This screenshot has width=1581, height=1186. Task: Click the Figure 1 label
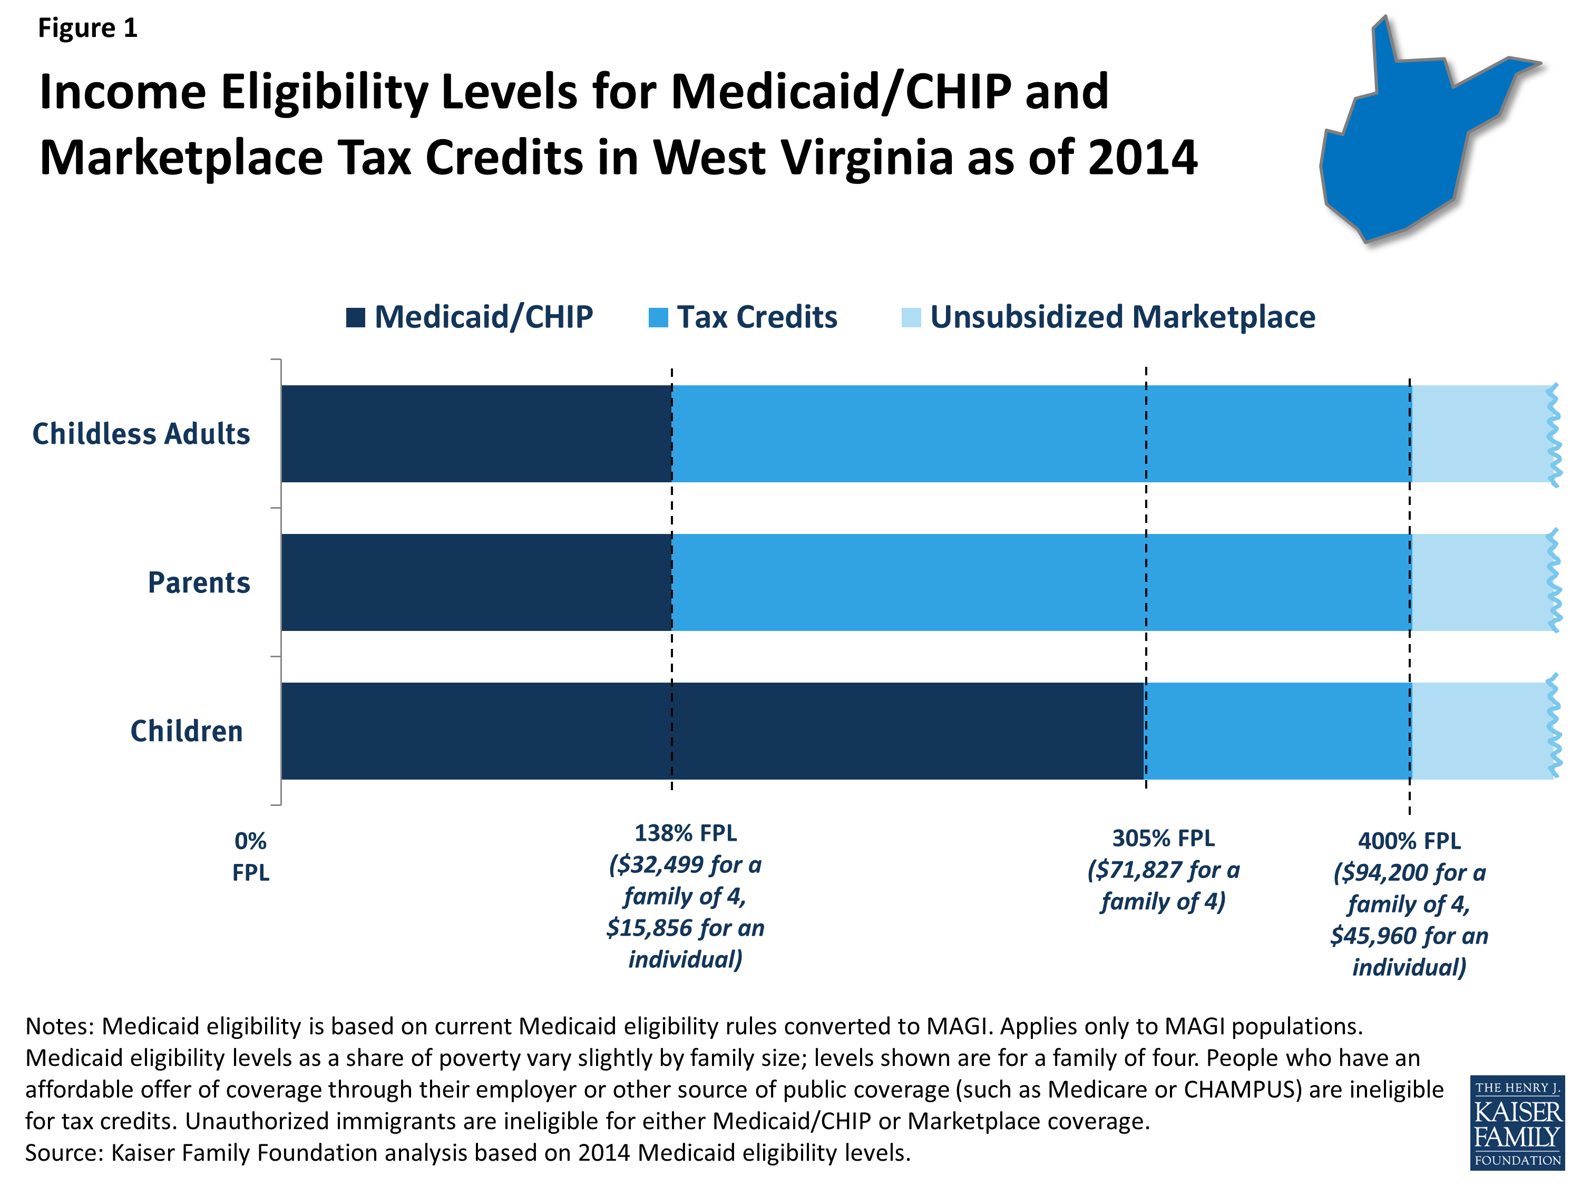coord(87,28)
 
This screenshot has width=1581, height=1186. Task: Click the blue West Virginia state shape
coord(1401,150)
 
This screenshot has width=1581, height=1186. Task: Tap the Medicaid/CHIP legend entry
coord(470,317)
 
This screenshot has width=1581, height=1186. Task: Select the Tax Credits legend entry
coord(743,317)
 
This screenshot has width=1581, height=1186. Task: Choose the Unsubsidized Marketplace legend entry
coord(1109,317)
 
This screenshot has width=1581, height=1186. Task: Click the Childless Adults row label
coord(141,434)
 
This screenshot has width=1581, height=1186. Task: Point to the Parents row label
coord(199,582)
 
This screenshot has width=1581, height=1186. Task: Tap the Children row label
coord(187,731)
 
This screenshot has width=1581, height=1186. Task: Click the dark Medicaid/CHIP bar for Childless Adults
coord(476,434)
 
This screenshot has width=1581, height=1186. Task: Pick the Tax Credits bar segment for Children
coord(1278,731)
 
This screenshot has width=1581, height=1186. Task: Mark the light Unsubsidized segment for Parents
coord(1479,582)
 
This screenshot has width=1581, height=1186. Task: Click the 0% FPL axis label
coord(251,857)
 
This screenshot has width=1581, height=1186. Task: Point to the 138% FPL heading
coord(686,833)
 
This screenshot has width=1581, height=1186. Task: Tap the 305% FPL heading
coord(1163,838)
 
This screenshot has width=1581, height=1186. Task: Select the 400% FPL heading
coord(1409,841)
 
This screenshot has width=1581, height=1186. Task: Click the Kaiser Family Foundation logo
coord(1517,1122)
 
